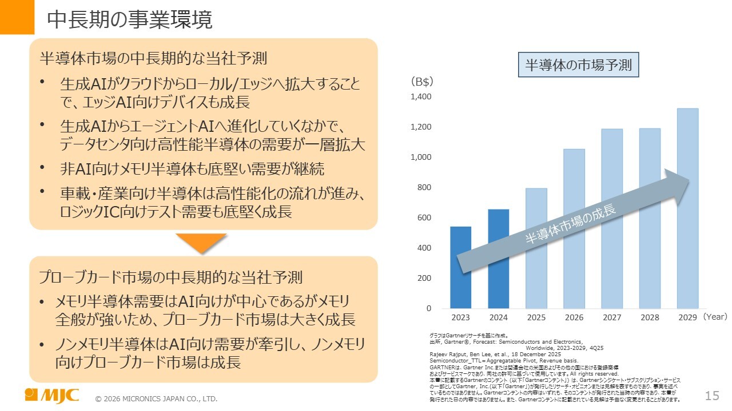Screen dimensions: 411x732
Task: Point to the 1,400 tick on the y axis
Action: [421, 96]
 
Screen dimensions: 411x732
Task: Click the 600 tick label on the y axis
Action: [424, 217]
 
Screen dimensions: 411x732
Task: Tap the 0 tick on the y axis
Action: [428, 308]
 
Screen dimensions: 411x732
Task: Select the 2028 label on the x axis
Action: [650, 317]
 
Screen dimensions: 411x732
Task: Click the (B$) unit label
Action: [422, 82]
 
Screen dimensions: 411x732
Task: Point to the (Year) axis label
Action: [715, 317]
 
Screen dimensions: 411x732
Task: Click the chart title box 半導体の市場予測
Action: [578, 65]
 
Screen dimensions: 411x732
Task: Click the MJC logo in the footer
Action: [52, 396]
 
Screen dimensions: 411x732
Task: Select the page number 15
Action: [712, 396]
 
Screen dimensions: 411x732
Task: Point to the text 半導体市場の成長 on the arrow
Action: [571, 225]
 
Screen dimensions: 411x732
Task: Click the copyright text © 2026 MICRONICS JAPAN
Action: [156, 398]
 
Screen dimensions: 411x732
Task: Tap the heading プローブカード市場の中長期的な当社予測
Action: [170, 278]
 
